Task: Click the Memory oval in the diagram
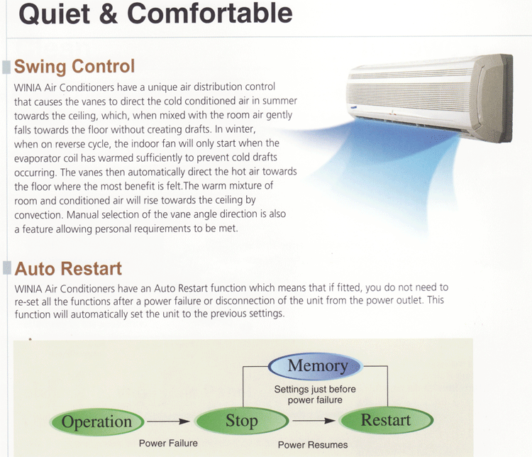point(315,366)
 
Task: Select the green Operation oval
point(96,422)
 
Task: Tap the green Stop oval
point(242,421)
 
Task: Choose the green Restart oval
point(387,420)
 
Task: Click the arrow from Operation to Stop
point(168,422)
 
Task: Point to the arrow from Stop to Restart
point(314,421)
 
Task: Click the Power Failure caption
point(168,444)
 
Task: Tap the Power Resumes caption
point(313,445)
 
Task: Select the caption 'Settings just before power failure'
point(315,395)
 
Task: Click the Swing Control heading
point(74,66)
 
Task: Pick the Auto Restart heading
point(68,269)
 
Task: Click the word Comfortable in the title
point(210,14)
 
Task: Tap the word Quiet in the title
point(55,14)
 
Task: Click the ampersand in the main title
point(109,14)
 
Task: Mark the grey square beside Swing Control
point(7,67)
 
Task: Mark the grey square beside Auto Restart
point(7,268)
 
